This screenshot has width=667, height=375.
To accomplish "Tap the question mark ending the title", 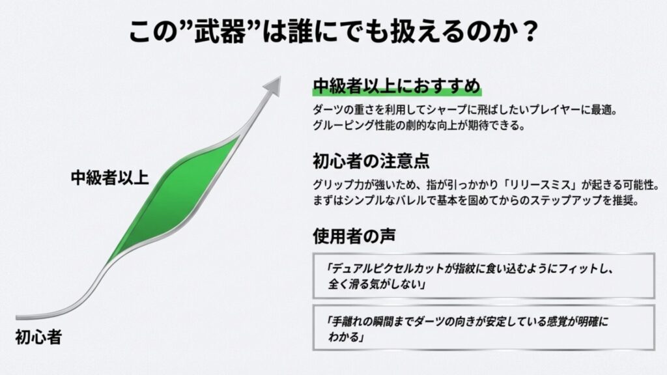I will [526, 32].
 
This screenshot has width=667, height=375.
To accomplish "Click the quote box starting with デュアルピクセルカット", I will [483, 275].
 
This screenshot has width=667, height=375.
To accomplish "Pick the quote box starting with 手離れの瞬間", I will [483, 329].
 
